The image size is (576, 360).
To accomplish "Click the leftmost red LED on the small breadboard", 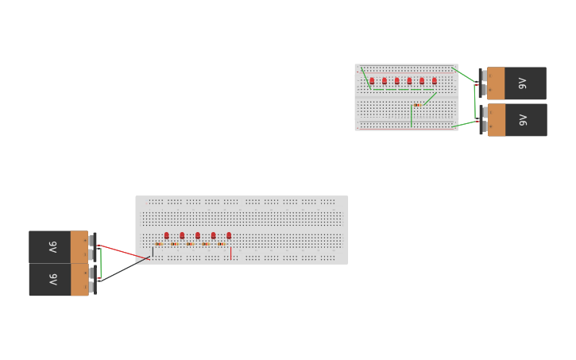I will pyautogui.click(x=372, y=80).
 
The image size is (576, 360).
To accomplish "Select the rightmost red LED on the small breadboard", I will pyautogui.click(x=434, y=80).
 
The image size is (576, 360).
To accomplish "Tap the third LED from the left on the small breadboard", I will pyautogui.click(x=396, y=80).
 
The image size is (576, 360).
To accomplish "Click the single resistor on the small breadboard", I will pyautogui.click(x=417, y=105).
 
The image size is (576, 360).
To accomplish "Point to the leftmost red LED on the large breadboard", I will pyautogui.click(x=167, y=235).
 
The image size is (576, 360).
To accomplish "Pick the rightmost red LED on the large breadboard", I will pyautogui.click(x=229, y=235).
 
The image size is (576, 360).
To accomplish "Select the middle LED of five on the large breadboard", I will pyautogui.click(x=198, y=235).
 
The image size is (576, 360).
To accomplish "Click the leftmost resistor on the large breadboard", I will pyautogui.click(x=159, y=244).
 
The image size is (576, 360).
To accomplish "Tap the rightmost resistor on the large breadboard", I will pyautogui.click(x=221, y=244).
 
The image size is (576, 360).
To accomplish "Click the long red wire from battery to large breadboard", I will pyautogui.click(x=123, y=251).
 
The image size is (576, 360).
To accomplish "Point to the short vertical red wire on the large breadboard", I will pyautogui.click(x=231, y=254).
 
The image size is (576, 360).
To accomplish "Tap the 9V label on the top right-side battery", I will pyautogui.click(x=522, y=83).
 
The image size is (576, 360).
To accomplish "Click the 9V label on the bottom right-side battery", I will pyautogui.click(x=522, y=120).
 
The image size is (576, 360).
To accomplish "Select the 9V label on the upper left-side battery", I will pyautogui.click(x=52, y=246).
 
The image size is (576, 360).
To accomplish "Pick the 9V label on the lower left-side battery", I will pyautogui.click(x=52, y=280).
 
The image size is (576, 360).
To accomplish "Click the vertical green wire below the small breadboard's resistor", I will pyautogui.click(x=412, y=116).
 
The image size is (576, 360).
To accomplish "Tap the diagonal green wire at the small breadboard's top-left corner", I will pyautogui.click(x=365, y=75).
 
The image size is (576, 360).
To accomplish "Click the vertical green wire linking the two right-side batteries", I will pyautogui.click(x=475, y=102).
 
